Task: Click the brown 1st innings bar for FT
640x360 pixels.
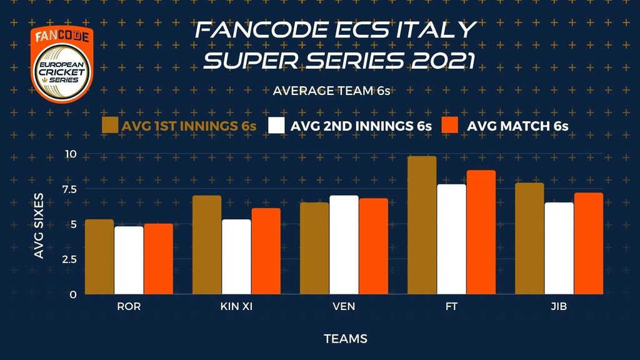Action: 422,225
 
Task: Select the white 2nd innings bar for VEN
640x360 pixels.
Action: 344,245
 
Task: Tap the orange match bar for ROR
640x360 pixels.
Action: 158,259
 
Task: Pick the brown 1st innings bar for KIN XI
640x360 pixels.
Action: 207,245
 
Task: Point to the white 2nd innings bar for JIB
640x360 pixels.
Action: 559,248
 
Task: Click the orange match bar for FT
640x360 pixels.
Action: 481,232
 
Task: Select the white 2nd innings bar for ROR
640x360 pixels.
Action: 129,261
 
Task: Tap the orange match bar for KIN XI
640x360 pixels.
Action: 266,251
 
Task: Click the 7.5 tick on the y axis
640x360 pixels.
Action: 69,189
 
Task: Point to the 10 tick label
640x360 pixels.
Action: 71,154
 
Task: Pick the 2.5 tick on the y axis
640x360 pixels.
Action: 69,259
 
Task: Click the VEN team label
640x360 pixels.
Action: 344,306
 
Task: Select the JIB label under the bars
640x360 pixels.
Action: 559,306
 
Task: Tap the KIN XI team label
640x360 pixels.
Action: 236,306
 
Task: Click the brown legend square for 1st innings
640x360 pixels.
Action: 110,125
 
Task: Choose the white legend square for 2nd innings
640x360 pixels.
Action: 276,125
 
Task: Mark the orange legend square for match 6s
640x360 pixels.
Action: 450,125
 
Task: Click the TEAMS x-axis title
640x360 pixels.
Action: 346,339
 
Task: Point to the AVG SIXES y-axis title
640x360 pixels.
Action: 39,226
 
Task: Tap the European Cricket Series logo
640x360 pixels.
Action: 62,64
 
